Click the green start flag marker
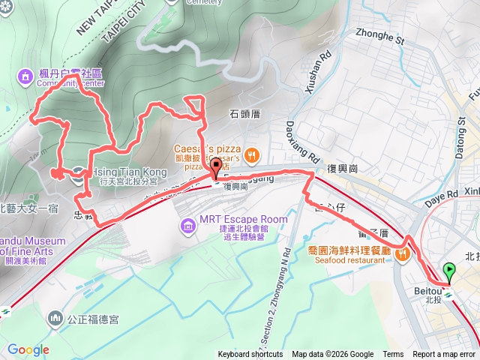click(x=449, y=271)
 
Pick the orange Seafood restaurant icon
click(x=403, y=256)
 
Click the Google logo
click(x=28, y=349)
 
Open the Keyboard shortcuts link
click(x=250, y=355)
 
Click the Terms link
click(x=393, y=355)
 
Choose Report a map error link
click(x=445, y=355)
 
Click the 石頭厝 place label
click(x=244, y=115)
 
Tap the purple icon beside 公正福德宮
click(x=55, y=319)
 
